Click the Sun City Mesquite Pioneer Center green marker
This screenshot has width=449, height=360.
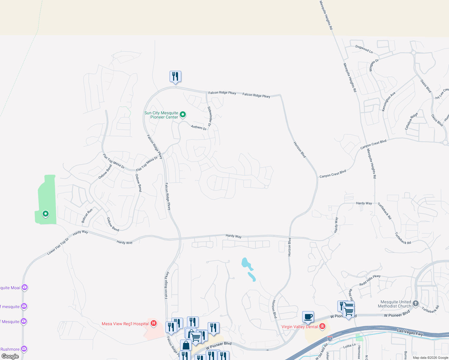click(x=182, y=114)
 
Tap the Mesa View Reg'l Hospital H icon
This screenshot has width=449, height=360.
click(x=153, y=323)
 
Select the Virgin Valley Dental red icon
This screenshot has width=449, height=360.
click(x=322, y=326)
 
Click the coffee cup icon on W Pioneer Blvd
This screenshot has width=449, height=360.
click(x=308, y=317)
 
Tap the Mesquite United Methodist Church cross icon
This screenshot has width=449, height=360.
click(x=415, y=303)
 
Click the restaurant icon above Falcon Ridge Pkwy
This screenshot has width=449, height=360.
click(x=175, y=76)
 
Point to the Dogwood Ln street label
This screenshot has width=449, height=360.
click(x=364, y=49)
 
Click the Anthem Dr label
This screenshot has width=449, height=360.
click(x=199, y=127)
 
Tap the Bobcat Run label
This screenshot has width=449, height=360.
click(x=87, y=216)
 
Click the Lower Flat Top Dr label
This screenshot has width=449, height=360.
click(x=58, y=246)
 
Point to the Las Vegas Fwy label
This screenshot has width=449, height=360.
click(x=410, y=332)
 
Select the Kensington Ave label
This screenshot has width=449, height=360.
click(x=389, y=102)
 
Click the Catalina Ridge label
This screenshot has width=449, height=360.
click(x=411, y=121)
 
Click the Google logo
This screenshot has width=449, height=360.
click(x=10, y=356)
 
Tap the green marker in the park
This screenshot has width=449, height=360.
click(x=45, y=214)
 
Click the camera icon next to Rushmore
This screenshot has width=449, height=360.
click(x=24, y=349)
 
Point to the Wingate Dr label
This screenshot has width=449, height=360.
click(x=374, y=65)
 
